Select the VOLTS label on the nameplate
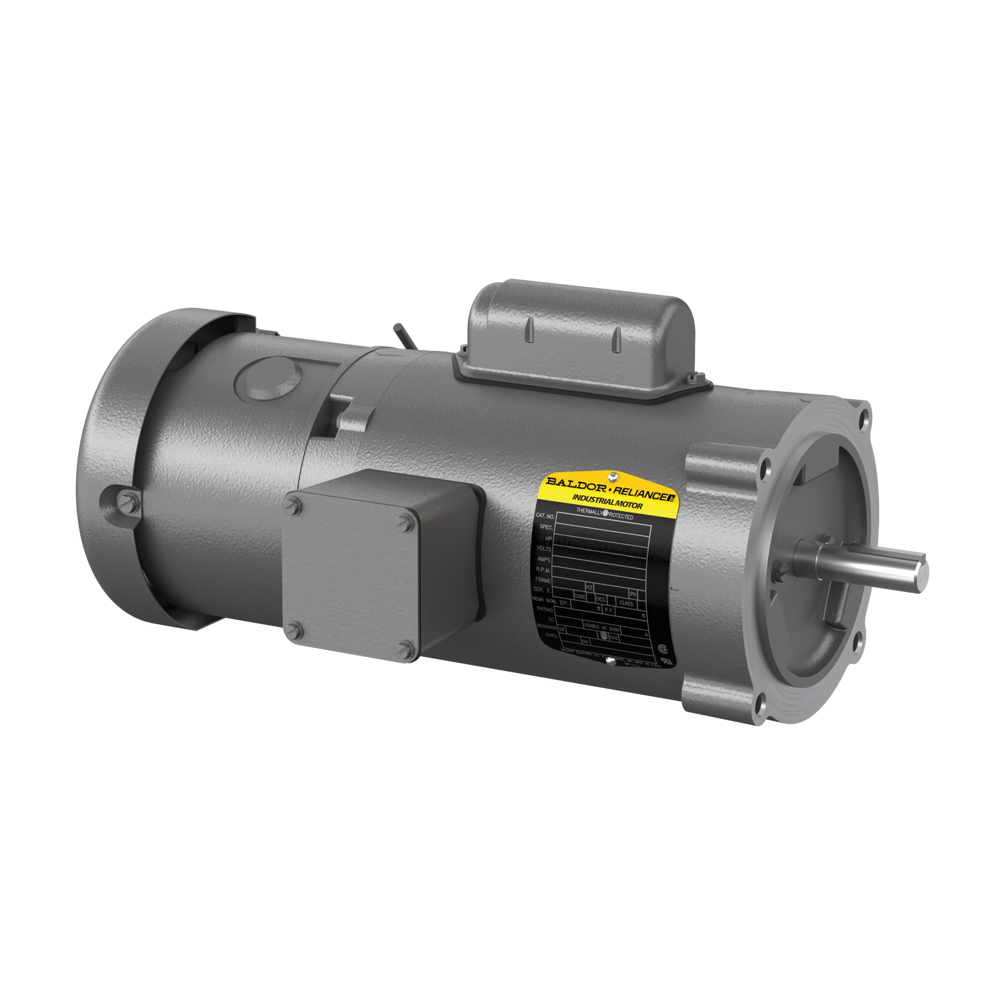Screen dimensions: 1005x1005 (544, 549)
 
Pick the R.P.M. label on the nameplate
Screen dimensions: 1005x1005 (543, 570)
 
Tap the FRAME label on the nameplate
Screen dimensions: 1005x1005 (543, 580)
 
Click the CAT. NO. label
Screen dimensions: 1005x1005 (545, 516)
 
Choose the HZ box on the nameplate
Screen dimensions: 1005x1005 (589, 587)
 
